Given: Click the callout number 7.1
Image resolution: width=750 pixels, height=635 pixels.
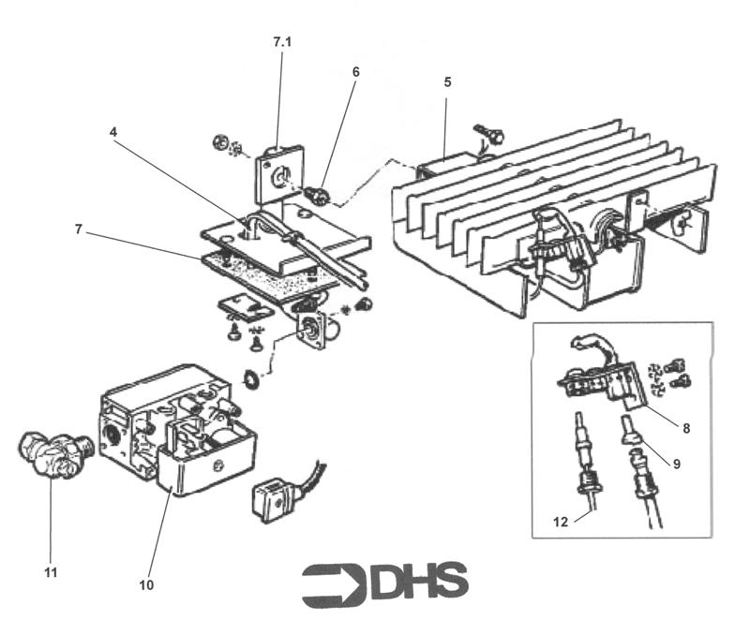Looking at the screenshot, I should click(x=282, y=43).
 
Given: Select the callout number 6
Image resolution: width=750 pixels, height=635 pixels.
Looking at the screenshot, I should click(x=355, y=71).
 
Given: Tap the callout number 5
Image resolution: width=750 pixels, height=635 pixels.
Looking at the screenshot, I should click(x=447, y=82).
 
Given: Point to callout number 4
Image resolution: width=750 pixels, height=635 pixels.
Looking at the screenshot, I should click(x=113, y=132).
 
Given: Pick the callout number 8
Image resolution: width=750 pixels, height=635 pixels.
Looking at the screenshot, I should click(x=686, y=428).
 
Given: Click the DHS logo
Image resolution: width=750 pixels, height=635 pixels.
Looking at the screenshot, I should click(x=384, y=584).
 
